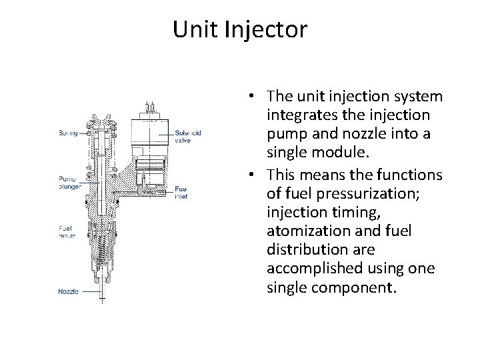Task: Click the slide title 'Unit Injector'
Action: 239,30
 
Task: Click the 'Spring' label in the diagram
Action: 67,133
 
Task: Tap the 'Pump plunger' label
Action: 69,183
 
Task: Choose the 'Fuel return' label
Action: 67,232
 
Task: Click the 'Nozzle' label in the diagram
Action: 69,291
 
